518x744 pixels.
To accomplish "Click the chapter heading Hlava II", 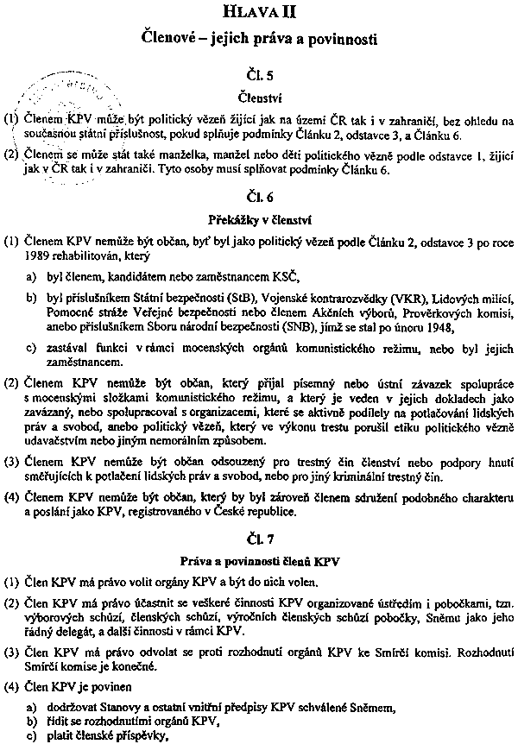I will pos(258,12).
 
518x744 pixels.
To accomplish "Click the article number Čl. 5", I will pos(260,75).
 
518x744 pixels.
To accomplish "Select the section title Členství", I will pos(260,98).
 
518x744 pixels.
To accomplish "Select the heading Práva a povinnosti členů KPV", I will pos(260,562).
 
